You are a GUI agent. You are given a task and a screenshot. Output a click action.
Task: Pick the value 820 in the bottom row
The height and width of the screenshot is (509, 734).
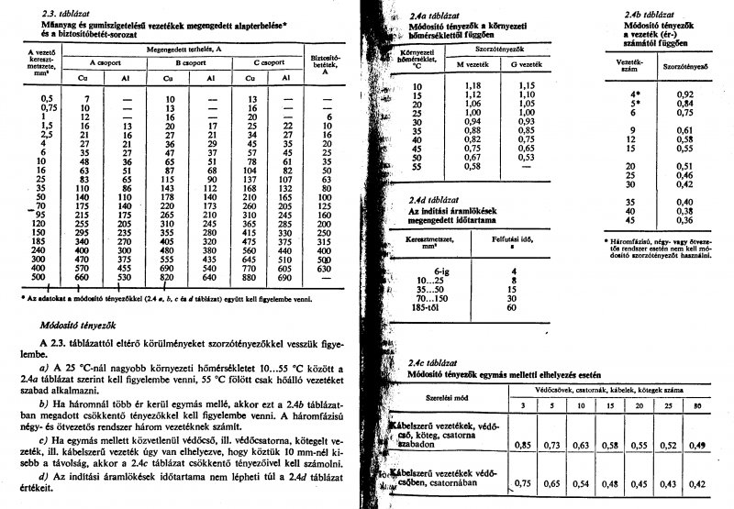point(168,276)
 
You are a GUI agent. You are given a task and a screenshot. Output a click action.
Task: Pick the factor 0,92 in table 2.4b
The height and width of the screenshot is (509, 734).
point(678,94)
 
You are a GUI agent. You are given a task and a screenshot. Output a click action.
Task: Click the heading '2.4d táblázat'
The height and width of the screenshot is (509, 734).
point(432,196)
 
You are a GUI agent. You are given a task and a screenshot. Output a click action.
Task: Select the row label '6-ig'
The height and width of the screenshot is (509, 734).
point(443,271)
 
